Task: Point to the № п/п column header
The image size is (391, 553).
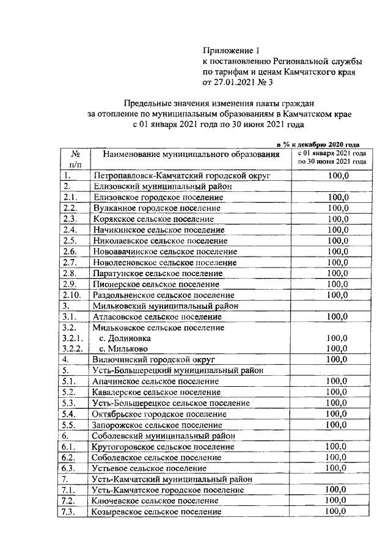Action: point(75,159)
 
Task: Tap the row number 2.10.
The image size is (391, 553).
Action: point(71,295)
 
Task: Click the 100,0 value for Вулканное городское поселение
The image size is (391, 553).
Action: point(337,208)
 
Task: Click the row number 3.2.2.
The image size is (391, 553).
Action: point(73,349)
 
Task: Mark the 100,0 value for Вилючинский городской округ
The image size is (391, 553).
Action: point(337,359)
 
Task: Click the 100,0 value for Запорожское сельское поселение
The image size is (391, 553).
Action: point(337,424)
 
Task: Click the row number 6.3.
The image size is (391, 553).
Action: point(70,468)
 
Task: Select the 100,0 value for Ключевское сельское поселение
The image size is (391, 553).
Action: point(337,500)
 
